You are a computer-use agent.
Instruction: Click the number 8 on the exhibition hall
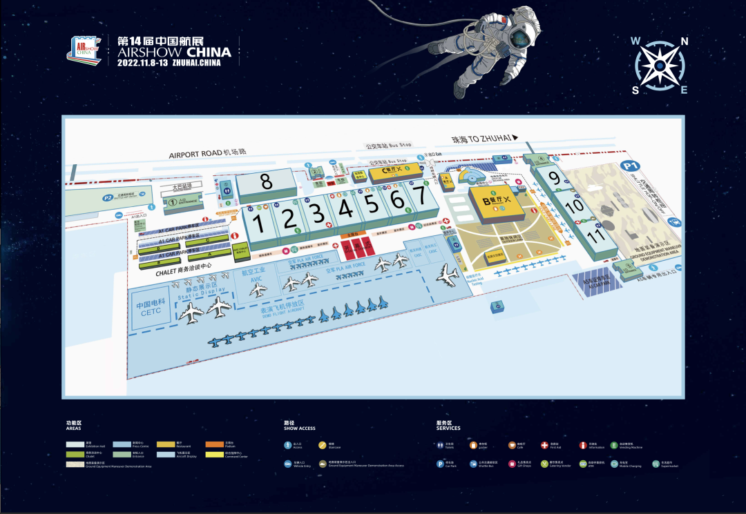click(x=267, y=181)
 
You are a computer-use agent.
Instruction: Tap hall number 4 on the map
click(x=345, y=206)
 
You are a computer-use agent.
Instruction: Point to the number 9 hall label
click(x=554, y=177)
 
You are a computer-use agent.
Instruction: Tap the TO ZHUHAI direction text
click(x=484, y=139)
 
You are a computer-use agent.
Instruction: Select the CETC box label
click(x=151, y=308)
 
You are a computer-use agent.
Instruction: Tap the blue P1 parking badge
click(x=629, y=166)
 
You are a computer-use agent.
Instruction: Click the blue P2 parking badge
click(x=108, y=198)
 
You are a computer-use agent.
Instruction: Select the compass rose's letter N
click(x=684, y=41)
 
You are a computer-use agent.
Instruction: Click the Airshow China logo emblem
click(x=84, y=50)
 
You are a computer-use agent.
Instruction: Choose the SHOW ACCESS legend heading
click(x=299, y=428)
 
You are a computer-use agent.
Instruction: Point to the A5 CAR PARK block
click(x=595, y=284)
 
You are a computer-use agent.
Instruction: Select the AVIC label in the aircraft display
click(x=257, y=279)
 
